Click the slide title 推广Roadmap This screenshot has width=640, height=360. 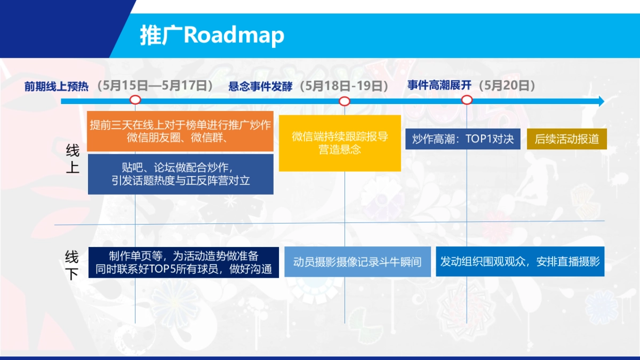212,35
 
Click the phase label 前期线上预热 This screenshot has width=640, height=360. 56,86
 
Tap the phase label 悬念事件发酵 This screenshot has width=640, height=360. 260,86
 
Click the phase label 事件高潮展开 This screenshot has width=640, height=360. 439,85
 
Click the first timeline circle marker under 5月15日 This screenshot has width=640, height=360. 135,100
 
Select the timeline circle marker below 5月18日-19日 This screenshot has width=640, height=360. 345,101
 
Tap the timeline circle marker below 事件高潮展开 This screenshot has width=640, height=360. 467,100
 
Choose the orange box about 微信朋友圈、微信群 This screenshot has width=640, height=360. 180,131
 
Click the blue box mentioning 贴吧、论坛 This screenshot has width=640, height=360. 180,174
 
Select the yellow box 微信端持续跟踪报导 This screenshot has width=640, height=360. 340,143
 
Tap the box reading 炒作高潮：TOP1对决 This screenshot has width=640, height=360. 463,139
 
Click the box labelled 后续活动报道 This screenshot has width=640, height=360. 567,139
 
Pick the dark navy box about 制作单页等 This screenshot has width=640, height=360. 184,262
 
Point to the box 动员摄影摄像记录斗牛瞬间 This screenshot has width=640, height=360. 357,262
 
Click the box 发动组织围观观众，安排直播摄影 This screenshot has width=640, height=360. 520,261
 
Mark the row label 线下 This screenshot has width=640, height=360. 72,265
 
